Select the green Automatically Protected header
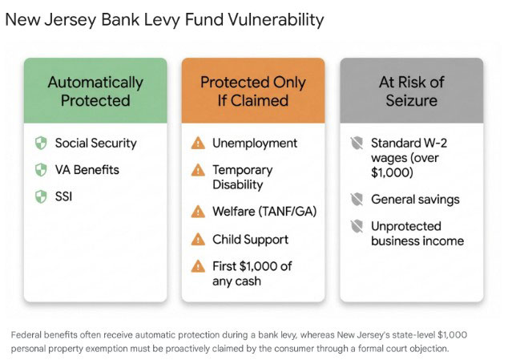pyautogui.click(x=95, y=91)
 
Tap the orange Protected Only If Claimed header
pyautogui.click(x=252, y=91)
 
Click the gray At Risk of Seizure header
pyautogui.click(x=411, y=91)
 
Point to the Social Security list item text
pyautogui.click(x=95, y=144)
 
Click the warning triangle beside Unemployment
pyautogui.click(x=197, y=144)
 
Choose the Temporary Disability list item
pyautogui.click(x=243, y=177)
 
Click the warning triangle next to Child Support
pyautogui.click(x=197, y=239)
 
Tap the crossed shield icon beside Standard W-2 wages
pyautogui.click(x=356, y=144)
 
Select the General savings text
pyautogui.click(x=415, y=199)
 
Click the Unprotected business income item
pyautogui.click(x=417, y=233)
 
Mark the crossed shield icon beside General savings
pyautogui.click(x=356, y=199)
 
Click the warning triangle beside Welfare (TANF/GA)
pyautogui.click(x=197, y=212)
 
